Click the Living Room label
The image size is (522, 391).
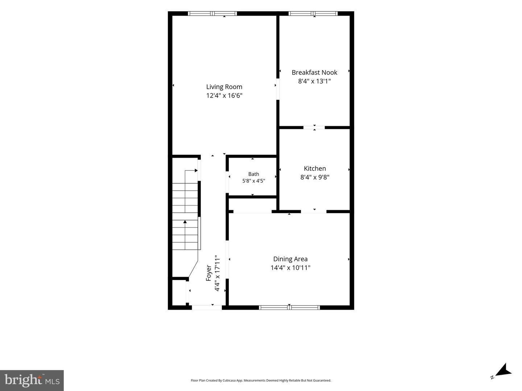(x=224, y=87)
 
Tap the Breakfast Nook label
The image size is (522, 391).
(x=314, y=72)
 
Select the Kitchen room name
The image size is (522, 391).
(x=315, y=169)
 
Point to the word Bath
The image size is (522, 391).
(x=253, y=174)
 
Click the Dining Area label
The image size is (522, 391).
(x=290, y=259)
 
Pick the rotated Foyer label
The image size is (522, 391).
(x=208, y=273)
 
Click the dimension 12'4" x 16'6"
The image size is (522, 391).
(x=224, y=95)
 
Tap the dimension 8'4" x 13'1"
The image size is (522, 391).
(x=314, y=81)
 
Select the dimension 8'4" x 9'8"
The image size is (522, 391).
(x=315, y=177)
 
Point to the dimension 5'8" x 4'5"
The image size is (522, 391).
(x=253, y=181)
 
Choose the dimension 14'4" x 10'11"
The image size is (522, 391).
(x=290, y=268)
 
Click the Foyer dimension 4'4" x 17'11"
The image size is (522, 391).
(x=217, y=273)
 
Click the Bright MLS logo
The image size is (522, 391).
(x=32, y=380)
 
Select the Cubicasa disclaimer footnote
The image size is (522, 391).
(x=261, y=380)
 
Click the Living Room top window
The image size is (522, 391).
(x=212, y=13)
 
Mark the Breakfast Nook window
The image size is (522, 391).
(x=313, y=13)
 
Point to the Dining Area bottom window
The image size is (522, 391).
(x=289, y=307)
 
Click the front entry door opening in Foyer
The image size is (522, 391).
(x=207, y=307)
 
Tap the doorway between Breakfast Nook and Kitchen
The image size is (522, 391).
(x=314, y=128)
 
